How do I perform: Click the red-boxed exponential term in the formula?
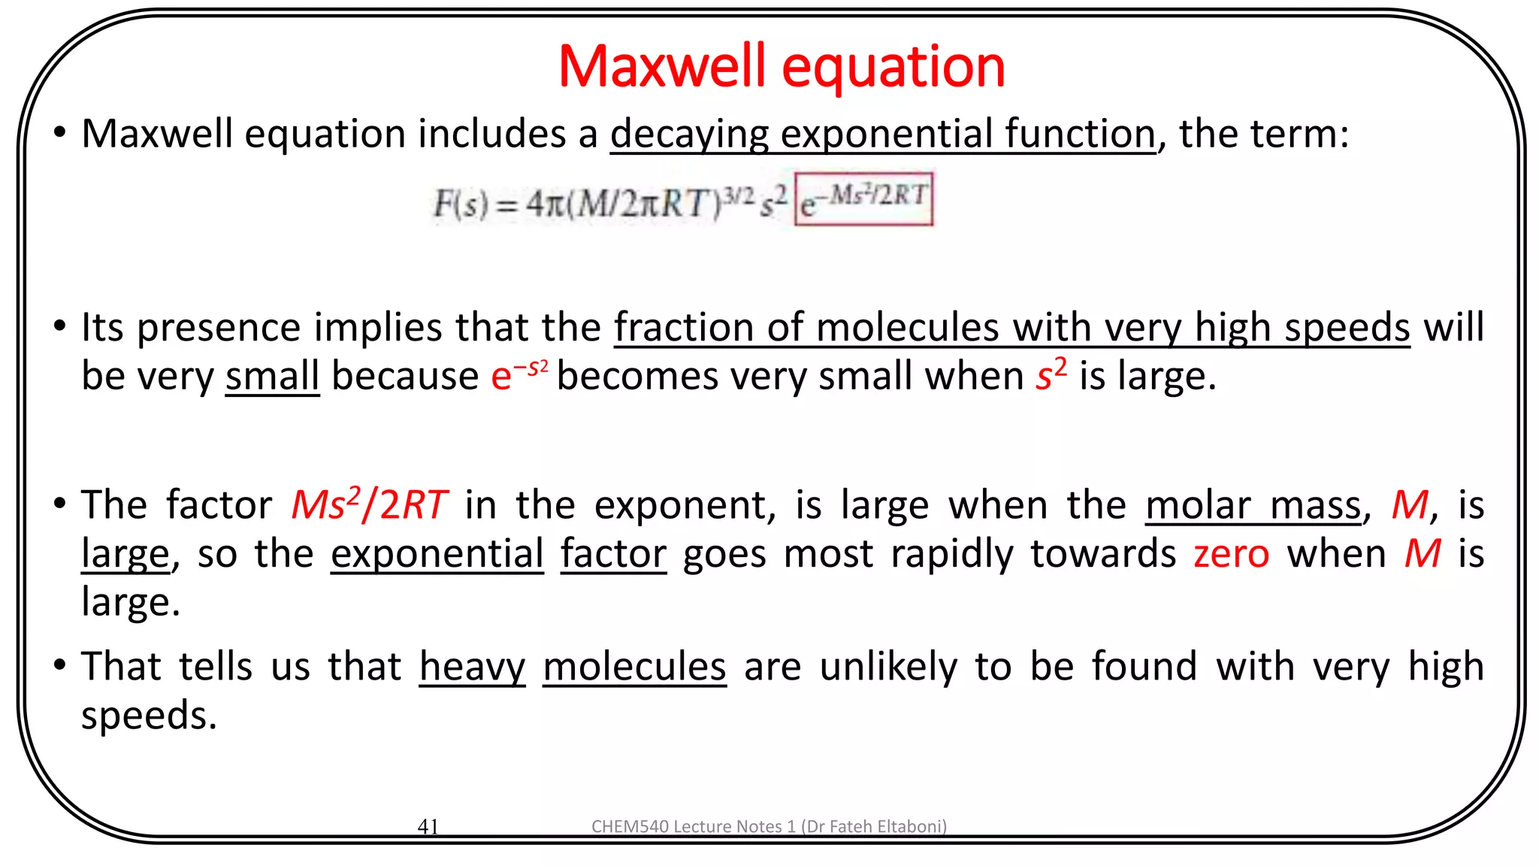click(863, 199)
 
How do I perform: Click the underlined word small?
click(272, 375)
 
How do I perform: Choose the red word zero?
click(1231, 554)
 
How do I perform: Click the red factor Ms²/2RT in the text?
click(369, 504)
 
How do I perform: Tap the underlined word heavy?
click(472, 667)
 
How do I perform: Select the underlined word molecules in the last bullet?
click(634, 667)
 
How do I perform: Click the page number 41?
click(428, 826)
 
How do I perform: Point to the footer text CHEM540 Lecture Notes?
click(769, 826)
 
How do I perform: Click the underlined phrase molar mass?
click(1253, 504)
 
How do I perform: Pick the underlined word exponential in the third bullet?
click(437, 554)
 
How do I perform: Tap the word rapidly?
click(951, 554)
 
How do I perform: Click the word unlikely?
click(888, 667)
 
